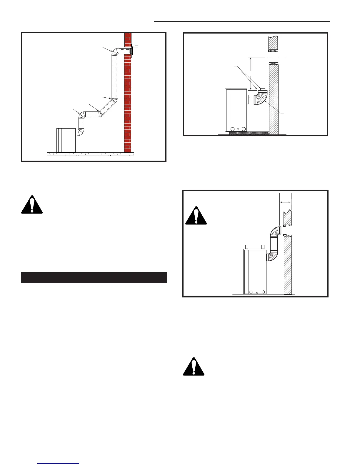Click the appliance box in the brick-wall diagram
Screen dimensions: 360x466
pos(66,140)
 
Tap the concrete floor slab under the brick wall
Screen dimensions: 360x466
pos(90,154)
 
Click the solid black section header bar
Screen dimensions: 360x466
pos(94,278)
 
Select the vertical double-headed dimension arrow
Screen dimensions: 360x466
pos(250,73)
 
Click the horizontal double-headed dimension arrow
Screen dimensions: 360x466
pos(285,202)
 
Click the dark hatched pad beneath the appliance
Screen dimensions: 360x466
pos(249,133)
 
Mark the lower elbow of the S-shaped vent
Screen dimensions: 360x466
pos(272,255)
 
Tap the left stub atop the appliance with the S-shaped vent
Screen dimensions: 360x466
pos(247,247)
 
